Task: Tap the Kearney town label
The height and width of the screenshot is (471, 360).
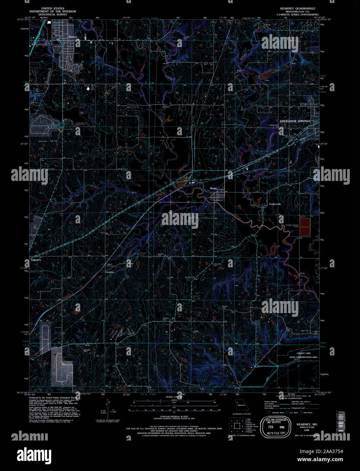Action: click(73, 37)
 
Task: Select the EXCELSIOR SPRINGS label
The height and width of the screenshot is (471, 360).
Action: click(295, 121)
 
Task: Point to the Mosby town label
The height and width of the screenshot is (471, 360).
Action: click(213, 188)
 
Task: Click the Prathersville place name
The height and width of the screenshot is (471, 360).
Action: click(275, 204)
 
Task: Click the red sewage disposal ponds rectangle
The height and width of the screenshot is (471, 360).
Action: click(305, 227)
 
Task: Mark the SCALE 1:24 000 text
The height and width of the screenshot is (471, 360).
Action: click(174, 396)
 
